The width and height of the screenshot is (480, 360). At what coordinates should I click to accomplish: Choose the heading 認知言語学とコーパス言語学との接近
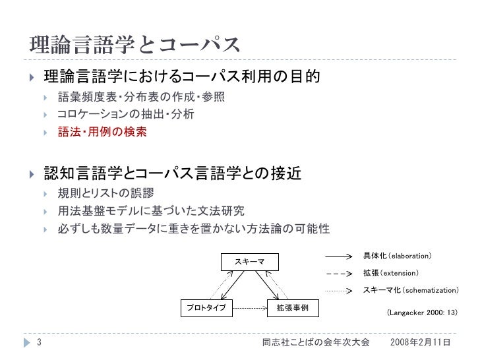[173, 174]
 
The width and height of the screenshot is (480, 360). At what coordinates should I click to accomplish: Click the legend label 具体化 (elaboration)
[398, 255]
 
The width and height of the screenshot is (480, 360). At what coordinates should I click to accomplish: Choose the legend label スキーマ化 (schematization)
[411, 290]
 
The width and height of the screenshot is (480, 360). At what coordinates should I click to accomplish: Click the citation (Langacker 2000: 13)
[421, 314]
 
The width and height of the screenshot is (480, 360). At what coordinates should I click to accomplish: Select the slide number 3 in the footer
[40, 343]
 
